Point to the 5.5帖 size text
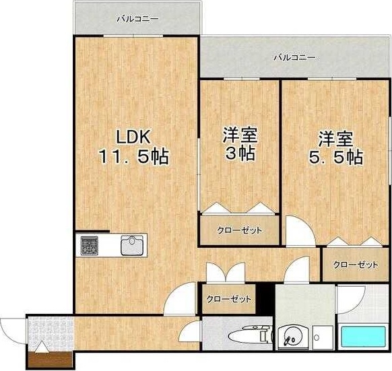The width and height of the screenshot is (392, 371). point(336,157)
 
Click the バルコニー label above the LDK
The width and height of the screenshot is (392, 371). point(137,19)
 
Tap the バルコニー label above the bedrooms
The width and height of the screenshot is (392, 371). point(294,58)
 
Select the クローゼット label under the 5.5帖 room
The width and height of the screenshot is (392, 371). point(355,265)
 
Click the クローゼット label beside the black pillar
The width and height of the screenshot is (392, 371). point(229,299)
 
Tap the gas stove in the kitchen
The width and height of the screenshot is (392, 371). point(90,245)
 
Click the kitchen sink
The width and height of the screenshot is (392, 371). point(133,244)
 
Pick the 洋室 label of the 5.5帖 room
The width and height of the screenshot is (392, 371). point(335,139)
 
